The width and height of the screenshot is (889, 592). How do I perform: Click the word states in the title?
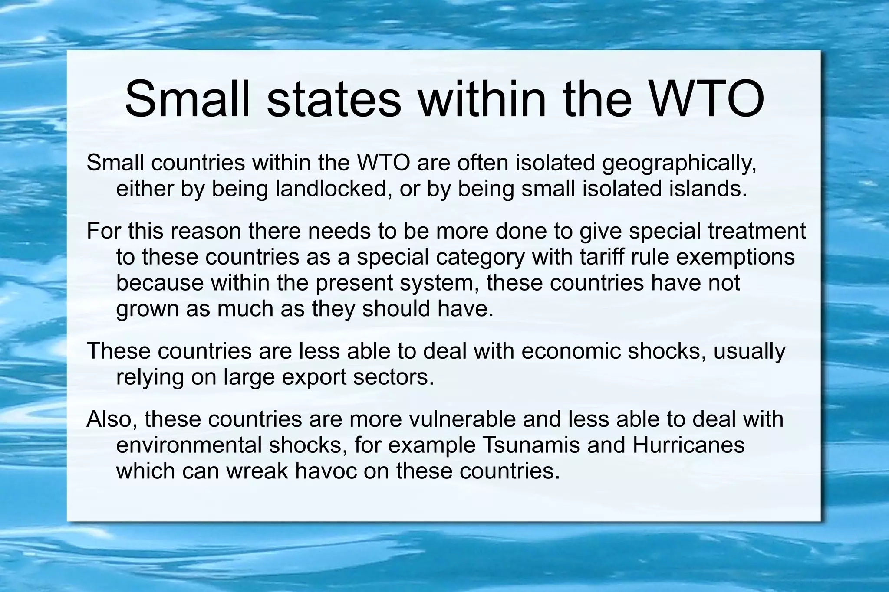point(334,99)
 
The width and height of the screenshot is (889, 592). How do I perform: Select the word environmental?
point(189,445)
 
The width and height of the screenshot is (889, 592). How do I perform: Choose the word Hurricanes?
point(688,445)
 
